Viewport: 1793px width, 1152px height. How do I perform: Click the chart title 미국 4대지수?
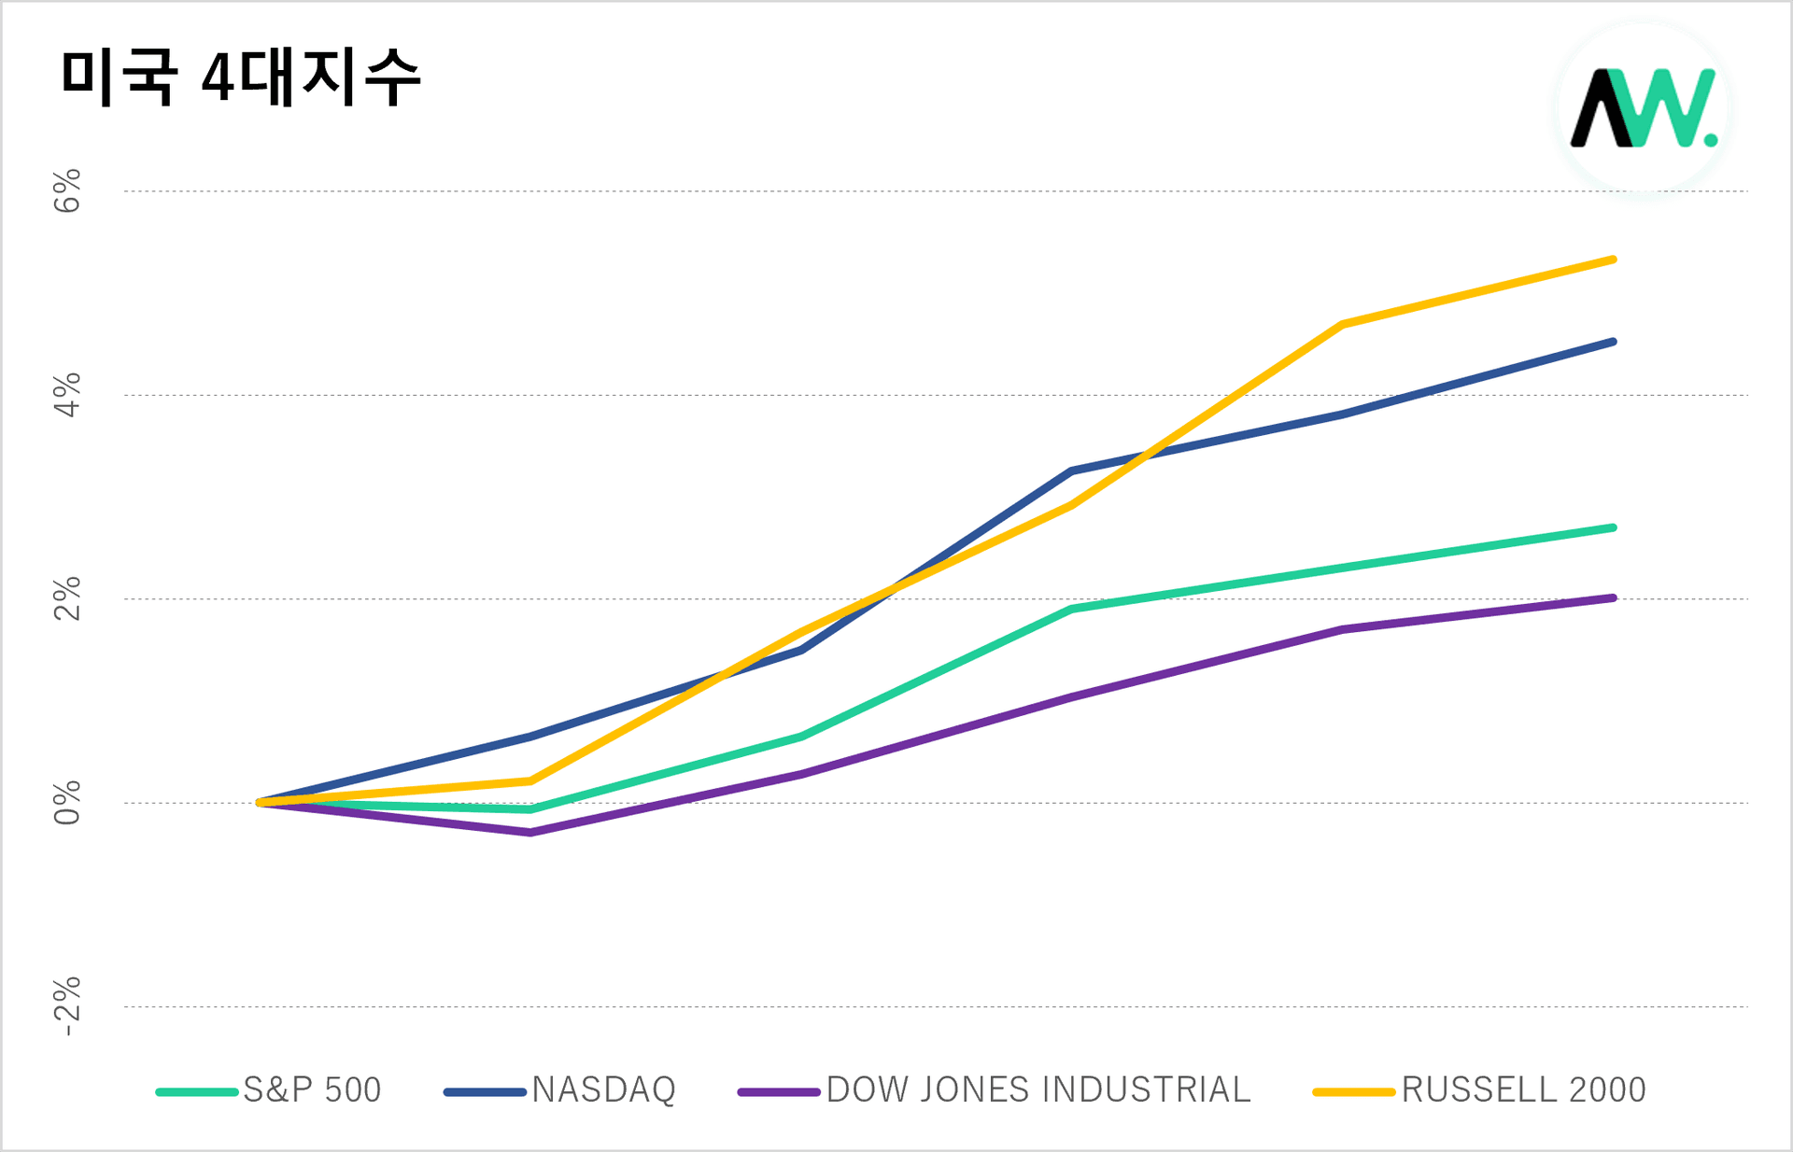click(x=241, y=77)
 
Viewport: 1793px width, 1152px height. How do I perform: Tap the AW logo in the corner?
click(x=1643, y=109)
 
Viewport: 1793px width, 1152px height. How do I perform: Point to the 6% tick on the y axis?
click(x=67, y=191)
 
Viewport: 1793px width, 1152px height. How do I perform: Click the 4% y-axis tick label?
click(x=67, y=395)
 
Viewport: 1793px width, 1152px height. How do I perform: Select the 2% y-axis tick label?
click(x=67, y=598)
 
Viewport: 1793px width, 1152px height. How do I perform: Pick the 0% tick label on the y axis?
click(x=67, y=803)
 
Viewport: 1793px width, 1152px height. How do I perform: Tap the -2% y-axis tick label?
click(x=67, y=1006)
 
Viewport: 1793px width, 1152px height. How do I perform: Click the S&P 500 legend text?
click(x=312, y=1090)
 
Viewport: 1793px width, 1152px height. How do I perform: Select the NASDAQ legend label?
click(x=603, y=1090)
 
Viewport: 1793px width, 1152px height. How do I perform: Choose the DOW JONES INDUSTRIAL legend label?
click(x=1038, y=1090)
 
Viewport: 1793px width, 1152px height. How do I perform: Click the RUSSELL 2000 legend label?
click(x=1523, y=1090)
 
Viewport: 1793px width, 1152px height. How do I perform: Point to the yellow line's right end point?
click(x=1613, y=260)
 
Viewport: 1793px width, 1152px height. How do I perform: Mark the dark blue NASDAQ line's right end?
click(x=1613, y=342)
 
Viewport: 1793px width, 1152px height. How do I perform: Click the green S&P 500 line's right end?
click(x=1613, y=528)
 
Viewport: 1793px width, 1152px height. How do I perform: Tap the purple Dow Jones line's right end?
click(x=1613, y=597)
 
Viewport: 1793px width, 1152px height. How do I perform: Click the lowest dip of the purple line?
click(x=530, y=832)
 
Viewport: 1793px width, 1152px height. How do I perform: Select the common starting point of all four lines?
click(x=260, y=802)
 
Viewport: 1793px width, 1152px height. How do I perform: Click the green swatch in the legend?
click(x=197, y=1091)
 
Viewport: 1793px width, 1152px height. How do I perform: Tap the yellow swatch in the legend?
click(x=1353, y=1091)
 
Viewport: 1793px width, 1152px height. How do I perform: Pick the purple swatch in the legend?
click(x=778, y=1091)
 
